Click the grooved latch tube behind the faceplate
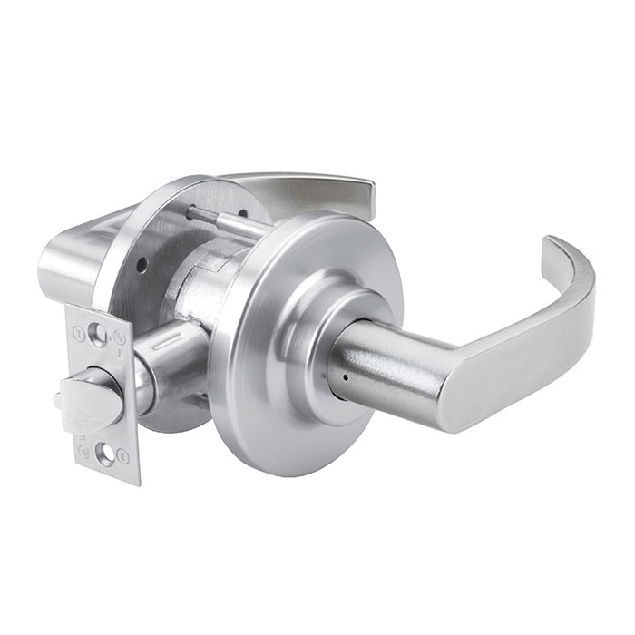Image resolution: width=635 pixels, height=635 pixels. (172, 349)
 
